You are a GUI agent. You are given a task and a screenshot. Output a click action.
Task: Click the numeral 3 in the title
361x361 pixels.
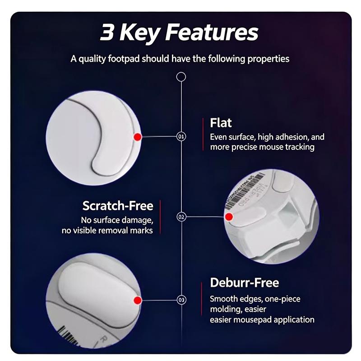[x=107, y=32]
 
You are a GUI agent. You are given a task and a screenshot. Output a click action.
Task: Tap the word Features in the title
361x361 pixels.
[x=212, y=32]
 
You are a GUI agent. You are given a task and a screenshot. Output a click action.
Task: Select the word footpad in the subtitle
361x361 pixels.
[x=124, y=59]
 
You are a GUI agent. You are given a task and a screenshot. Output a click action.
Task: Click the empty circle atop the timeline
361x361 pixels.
[x=181, y=77]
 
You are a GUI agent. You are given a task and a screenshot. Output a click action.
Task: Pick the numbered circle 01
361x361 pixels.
[x=181, y=137]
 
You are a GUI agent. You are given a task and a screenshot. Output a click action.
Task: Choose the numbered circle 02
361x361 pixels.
[x=181, y=217]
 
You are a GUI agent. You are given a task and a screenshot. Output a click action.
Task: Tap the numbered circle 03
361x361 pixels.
[x=181, y=300]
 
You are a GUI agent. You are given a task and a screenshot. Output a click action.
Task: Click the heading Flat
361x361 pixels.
[x=221, y=123]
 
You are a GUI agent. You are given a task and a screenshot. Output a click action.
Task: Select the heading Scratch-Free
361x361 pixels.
[x=118, y=206]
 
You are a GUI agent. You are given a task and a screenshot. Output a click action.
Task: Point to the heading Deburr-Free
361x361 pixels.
[x=245, y=282]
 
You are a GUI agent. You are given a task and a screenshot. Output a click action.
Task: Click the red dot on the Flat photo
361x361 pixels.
[x=138, y=137]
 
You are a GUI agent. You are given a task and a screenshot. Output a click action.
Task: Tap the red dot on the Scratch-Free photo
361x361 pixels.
[x=229, y=217]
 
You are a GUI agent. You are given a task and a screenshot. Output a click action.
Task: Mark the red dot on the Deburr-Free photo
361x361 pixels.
[x=138, y=300]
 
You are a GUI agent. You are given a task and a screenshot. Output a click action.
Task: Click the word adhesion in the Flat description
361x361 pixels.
[x=292, y=137]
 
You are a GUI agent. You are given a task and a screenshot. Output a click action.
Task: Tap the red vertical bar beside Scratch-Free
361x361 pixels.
[x=160, y=217]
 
